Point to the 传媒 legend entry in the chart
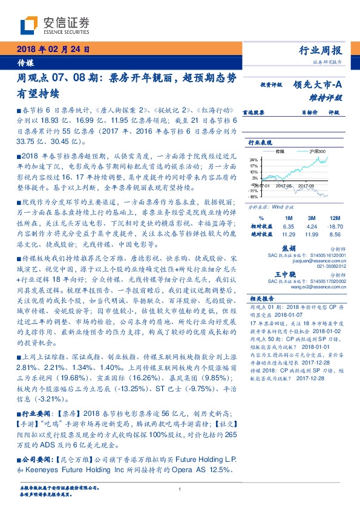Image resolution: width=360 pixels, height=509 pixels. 280,151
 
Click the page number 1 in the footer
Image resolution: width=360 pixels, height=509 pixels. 180,490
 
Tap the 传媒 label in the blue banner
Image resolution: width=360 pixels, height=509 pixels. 25,62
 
